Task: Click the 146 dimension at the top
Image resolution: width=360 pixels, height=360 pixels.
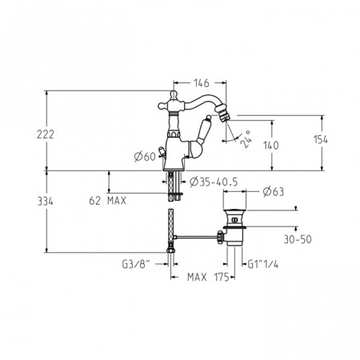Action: (x=202, y=83)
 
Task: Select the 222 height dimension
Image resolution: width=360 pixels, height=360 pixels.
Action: (x=46, y=134)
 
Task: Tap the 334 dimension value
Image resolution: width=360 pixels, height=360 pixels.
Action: (x=46, y=202)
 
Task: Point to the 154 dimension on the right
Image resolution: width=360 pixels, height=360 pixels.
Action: (x=321, y=139)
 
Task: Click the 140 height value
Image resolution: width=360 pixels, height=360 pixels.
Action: (x=271, y=146)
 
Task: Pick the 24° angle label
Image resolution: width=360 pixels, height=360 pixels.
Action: (x=246, y=139)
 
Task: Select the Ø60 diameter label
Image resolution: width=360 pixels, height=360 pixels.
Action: (x=145, y=157)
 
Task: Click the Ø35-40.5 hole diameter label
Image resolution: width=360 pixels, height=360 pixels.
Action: (x=214, y=182)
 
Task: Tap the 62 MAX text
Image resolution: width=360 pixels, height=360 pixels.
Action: (x=107, y=201)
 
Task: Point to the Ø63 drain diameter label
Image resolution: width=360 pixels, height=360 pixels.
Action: (x=274, y=192)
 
